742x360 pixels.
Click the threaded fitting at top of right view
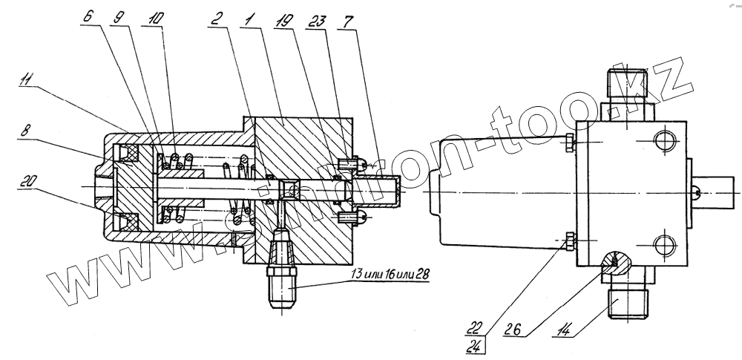628,85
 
